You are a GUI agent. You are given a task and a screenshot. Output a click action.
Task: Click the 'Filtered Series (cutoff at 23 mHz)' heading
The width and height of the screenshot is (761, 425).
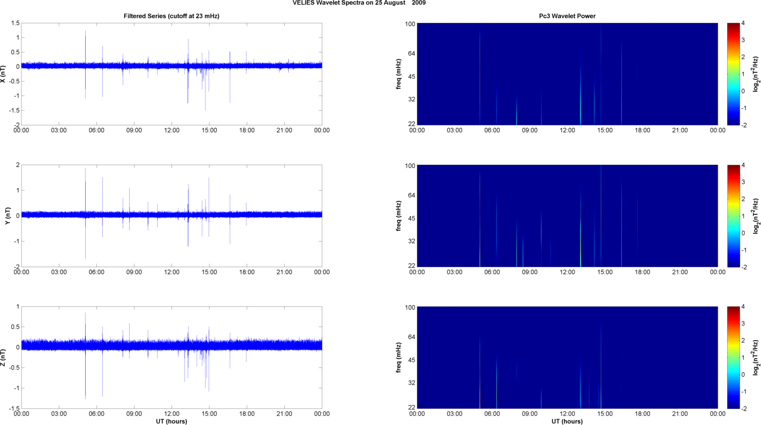(x=172, y=16)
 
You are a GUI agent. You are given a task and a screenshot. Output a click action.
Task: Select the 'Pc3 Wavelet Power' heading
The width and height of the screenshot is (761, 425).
(x=568, y=16)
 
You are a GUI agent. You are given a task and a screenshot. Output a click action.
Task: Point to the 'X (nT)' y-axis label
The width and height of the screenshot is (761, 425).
(x=3, y=74)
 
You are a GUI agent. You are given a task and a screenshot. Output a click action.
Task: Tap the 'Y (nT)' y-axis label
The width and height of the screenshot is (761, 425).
(x=8, y=216)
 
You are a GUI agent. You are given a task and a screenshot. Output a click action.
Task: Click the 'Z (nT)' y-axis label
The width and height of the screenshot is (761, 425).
(x=3, y=357)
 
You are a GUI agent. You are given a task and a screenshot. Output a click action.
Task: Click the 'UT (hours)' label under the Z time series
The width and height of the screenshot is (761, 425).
(x=172, y=422)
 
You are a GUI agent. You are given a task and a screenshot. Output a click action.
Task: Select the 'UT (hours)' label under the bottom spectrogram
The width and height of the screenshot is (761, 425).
(x=568, y=422)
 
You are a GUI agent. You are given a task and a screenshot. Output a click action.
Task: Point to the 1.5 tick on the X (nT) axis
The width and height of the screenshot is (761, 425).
(x=15, y=23)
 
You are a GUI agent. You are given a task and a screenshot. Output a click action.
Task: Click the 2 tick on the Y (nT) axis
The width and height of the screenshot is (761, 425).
(x=17, y=165)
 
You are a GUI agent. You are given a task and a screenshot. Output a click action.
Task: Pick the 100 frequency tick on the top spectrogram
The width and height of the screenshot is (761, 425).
(x=410, y=24)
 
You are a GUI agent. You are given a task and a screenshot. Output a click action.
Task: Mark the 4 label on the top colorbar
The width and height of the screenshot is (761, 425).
(x=743, y=23)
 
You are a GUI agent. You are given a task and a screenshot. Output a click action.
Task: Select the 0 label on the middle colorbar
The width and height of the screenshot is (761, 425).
(x=743, y=233)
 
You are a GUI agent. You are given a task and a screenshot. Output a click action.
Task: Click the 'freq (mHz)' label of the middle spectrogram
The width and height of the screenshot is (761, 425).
(x=399, y=216)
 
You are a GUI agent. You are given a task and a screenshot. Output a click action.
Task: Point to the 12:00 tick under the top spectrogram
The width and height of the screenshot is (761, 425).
(x=568, y=130)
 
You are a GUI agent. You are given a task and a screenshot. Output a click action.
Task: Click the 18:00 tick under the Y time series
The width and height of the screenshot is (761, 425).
(x=247, y=272)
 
